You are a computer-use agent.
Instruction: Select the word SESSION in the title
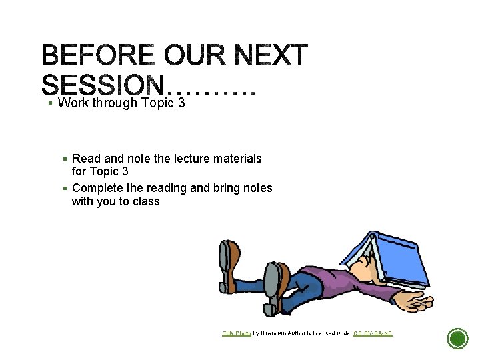(x=103, y=85)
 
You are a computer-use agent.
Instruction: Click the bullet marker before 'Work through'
(x=50, y=103)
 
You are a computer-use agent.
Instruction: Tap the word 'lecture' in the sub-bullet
(x=195, y=159)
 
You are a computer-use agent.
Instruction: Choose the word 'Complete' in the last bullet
(x=97, y=188)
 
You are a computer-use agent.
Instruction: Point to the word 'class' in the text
(x=146, y=201)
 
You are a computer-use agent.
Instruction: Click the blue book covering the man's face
(x=387, y=257)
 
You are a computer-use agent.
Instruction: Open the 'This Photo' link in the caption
(x=237, y=333)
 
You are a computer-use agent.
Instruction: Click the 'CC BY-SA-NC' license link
(x=373, y=333)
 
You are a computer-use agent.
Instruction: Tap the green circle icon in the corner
(x=457, y=339)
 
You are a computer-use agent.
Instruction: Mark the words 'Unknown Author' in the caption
(x=283, y=333)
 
